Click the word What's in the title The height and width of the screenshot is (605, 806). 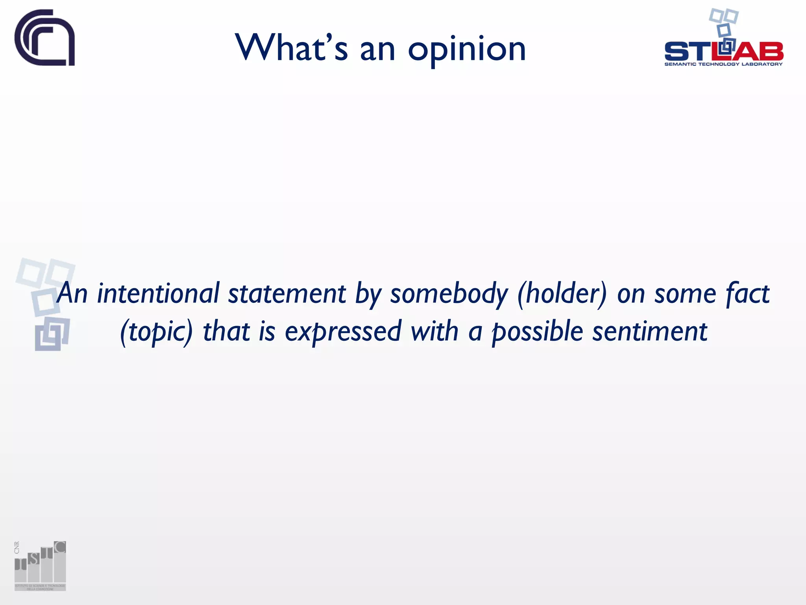coord(291,48)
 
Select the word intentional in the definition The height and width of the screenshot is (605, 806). coord(158,293)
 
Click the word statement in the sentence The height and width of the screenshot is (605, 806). coord(287,293)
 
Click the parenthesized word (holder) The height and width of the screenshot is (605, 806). coord(562,294)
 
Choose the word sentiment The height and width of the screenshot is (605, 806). coord(650,331)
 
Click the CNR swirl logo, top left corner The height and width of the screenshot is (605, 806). coord(44,38)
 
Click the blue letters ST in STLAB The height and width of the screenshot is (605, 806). coord(689,52)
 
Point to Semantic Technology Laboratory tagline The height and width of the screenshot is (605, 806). coord(723,64)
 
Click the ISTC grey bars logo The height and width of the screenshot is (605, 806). coord(41,566)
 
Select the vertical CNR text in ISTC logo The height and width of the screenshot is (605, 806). coord(17,547)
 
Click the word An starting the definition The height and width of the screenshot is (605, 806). coord(72,293)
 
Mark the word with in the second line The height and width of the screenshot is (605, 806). coord(434,331)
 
